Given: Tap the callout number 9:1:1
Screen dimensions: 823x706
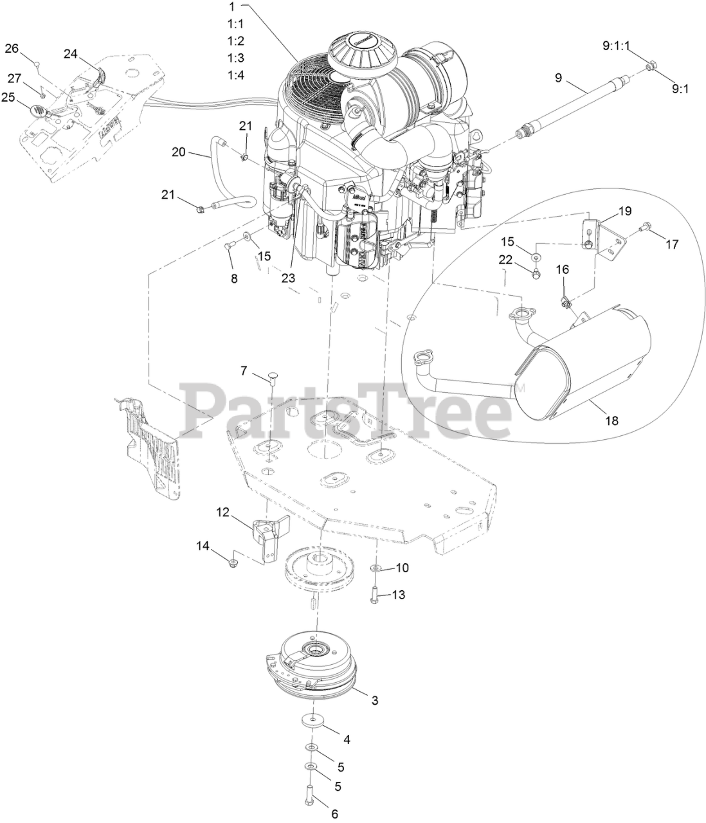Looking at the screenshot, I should (616, 46).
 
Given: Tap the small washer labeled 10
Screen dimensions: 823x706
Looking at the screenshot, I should (376, 568).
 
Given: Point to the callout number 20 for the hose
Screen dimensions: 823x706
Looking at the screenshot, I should (178, 152).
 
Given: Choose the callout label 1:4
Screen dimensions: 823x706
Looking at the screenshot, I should (236, 75).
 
